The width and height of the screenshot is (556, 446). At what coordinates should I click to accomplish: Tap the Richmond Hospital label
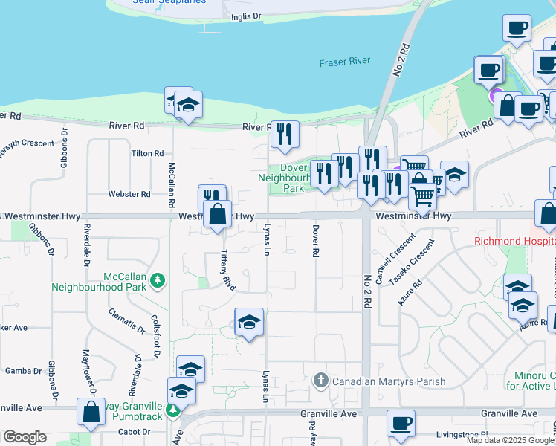[x=514, y=242]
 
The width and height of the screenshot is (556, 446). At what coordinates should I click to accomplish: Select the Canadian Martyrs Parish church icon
[x=321, y=381]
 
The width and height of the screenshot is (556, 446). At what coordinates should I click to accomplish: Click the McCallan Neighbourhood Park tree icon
[x=157, y=280]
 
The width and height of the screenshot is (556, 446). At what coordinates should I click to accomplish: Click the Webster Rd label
[x=129, y=194]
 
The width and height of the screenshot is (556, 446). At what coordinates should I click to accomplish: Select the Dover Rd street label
[x=315, y=241]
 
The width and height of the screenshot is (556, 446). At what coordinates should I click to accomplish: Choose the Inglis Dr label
[x=246, y=16]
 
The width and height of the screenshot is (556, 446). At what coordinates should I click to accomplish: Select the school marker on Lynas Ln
[x=249, y=322]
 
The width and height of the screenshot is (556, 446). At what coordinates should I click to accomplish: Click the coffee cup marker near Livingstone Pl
[x=401, y=424]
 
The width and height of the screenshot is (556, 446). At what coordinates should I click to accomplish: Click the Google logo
[x=25, y=437]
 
